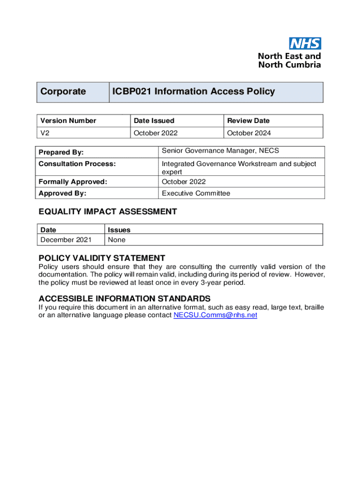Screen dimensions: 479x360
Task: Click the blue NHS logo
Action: point(305,44)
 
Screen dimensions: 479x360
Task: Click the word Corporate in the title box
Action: point(63,92)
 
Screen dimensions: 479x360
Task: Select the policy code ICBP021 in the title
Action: point(131,92)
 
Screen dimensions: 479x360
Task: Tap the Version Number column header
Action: point(68,121)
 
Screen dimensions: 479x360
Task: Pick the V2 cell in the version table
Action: point(45,133)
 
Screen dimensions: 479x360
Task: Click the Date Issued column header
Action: point(154,121)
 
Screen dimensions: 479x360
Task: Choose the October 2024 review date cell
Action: point(249,133)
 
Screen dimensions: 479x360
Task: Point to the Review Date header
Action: point(248,121)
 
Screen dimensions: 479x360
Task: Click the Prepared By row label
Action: point(61,152)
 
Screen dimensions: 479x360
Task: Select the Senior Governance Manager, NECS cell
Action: point(220,151)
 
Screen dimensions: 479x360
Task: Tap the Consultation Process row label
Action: point(77,164)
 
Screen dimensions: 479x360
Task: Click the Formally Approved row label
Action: point(73,182)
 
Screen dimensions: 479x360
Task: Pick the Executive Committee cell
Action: point(196,193)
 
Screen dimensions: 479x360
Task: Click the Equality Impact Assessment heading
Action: point(108,212)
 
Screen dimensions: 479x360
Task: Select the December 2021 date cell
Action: point(66,240)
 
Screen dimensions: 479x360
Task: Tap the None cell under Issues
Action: point(116,240)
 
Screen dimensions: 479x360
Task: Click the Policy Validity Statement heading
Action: point(102,258)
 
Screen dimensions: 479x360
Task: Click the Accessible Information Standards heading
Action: point(124,298)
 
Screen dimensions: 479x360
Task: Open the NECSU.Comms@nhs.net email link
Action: point(215,315)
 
